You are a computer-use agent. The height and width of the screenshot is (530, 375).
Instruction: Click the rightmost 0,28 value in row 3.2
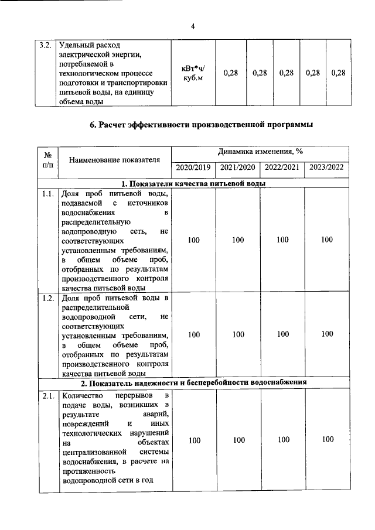[x=338, y=73]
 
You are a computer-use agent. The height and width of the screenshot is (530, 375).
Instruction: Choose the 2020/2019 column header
[x=193, y=167]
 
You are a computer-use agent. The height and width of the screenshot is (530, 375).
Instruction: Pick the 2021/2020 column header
[x=237, y=167]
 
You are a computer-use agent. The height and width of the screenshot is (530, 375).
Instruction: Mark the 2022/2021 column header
[x=282, y=167]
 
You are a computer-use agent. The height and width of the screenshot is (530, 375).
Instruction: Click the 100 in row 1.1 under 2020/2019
[x=193, y=240]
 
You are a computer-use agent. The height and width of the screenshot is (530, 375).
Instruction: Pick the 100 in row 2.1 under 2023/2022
[x=328, y=439]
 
